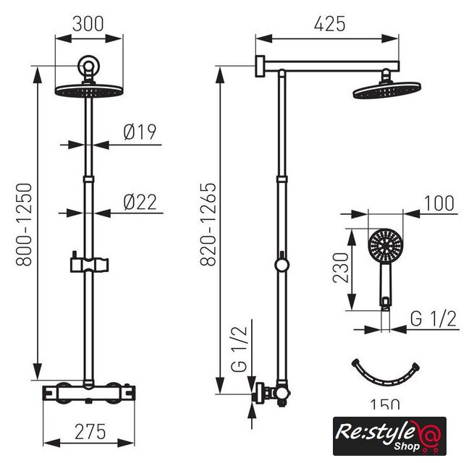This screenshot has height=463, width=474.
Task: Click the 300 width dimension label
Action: tap(88, 24)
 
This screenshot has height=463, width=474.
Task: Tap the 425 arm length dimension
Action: tap(329, 24)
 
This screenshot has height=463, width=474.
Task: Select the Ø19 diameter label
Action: tap(140, 132)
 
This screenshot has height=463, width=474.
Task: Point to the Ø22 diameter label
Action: tap(140, 202)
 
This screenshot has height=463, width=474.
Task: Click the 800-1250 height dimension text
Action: tap(24, 224)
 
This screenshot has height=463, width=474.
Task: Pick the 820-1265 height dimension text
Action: tap(208, 224)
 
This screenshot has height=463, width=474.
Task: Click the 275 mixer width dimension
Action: tap(90, 432)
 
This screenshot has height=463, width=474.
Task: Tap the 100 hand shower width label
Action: tap(439, 203)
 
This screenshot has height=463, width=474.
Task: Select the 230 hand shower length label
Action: tap(341, 268)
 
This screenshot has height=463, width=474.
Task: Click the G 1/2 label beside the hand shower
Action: tap(433, 318)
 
